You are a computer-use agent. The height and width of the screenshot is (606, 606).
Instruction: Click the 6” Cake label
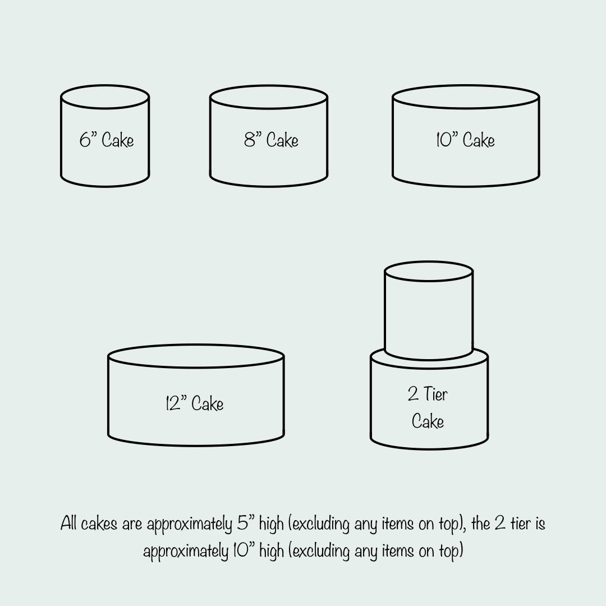(x=107, y=140)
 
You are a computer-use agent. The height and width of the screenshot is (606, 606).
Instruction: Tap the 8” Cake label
(x=271, y=140)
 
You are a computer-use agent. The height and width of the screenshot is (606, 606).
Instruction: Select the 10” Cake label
(x=465, y=140)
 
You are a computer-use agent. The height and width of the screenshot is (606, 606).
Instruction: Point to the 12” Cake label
(x=194, y=403)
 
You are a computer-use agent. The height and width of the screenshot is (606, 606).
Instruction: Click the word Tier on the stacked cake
(x=435, y=394)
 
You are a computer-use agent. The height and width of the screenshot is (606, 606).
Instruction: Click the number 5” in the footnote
(x=246, y=524)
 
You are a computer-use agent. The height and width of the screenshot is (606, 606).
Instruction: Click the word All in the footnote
(x=68, y=524)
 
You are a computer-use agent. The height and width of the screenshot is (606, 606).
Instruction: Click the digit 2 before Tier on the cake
(x=413, y=394)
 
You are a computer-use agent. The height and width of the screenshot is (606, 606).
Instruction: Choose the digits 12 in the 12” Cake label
(x=173, y=403)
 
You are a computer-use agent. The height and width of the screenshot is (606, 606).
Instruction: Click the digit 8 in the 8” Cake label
(x=250, y=140)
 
